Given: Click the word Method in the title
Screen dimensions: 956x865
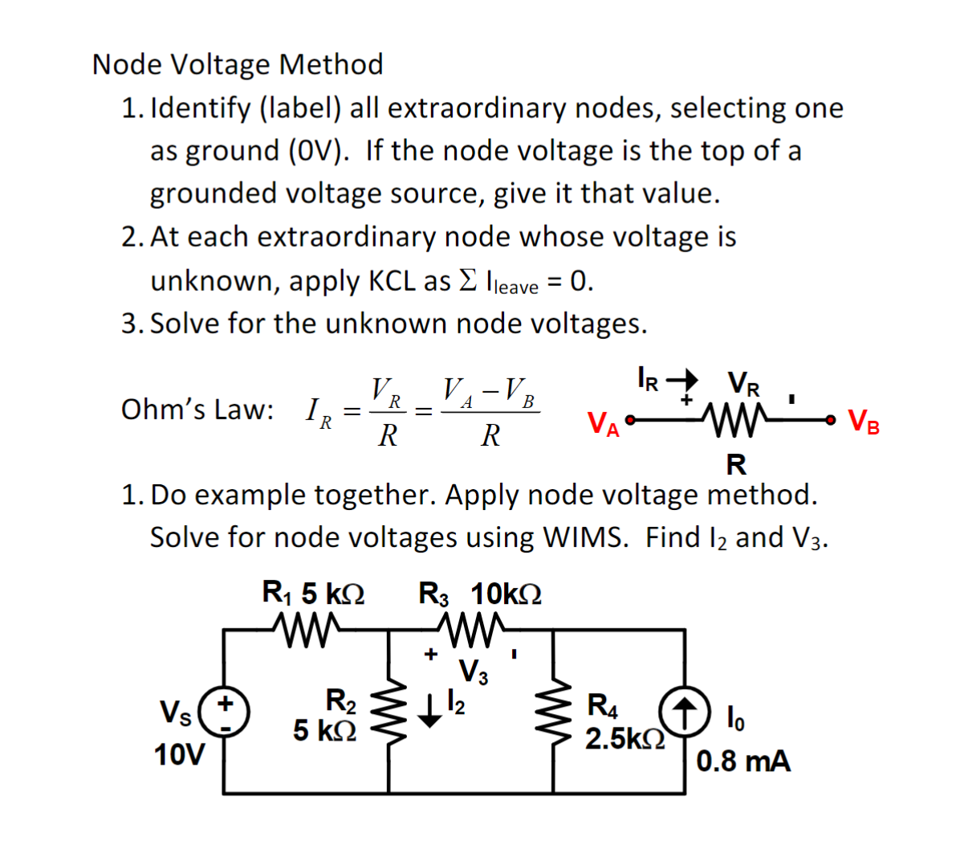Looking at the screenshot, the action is click(x=331, y=64).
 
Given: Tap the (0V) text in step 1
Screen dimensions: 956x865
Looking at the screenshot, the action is click(x=319, y=151).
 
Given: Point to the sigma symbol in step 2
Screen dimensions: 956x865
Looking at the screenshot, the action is click(x=468, y=280).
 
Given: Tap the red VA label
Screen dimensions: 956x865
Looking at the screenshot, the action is click(x=603, y=423).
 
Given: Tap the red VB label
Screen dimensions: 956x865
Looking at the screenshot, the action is click(x=864, y=422).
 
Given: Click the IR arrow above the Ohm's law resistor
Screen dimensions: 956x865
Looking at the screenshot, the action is click(x=682, y=379).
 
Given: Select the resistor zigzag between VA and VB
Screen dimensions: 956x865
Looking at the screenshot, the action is click(x=732, y=419).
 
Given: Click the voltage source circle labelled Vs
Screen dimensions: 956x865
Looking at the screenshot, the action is click(x=225, y=712).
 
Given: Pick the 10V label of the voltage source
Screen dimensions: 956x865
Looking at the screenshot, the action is click(x=179, y=755).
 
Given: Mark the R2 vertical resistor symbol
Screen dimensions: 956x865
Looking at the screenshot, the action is click(x=389, y=711).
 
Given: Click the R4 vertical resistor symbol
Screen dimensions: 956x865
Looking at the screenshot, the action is click(x=554, y=711).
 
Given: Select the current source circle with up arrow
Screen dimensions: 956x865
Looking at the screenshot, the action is click(x=685, y=712).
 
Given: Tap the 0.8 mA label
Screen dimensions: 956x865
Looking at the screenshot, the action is click(x=743, y=761).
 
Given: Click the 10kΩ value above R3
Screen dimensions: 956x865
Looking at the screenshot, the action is click(x=506, y=594).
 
